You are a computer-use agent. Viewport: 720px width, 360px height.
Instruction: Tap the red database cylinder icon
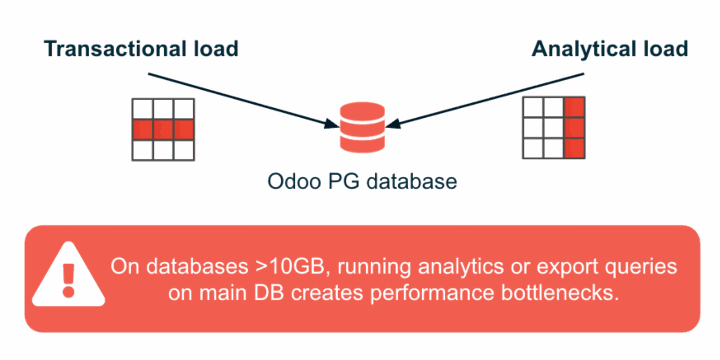362,127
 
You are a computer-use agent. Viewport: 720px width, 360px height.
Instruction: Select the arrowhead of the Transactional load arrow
332,124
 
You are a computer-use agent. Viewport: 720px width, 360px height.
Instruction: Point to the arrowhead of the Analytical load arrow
393,124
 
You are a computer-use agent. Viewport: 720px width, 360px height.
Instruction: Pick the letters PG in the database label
343,181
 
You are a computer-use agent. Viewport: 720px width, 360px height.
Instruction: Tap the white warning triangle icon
68,276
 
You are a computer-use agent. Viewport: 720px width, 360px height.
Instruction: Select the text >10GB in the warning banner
289,267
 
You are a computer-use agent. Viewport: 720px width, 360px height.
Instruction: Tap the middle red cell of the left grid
163,130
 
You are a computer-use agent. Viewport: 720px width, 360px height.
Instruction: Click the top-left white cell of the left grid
142,109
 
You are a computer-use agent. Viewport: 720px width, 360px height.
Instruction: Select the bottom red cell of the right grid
574,148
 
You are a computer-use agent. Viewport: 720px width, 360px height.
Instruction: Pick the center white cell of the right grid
553,127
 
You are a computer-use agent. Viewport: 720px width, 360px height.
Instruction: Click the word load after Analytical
666,49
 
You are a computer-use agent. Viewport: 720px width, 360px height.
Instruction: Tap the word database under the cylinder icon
411,181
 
